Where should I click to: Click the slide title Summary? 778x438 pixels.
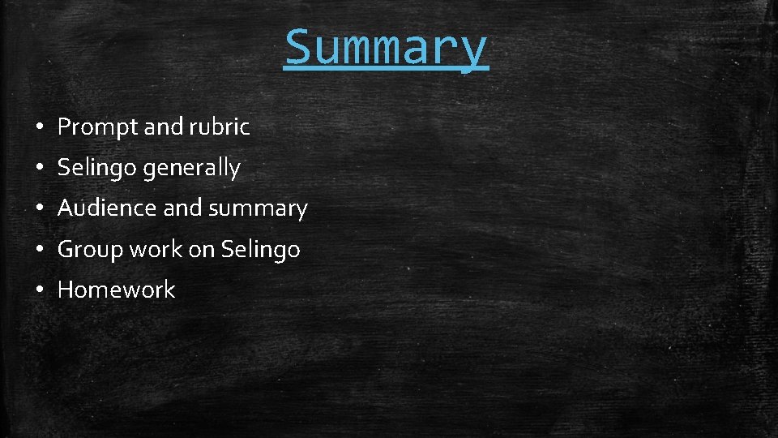[x=387, y=47]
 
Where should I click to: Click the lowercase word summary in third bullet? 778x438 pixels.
[x=258, y=208]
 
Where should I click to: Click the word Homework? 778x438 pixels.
[x=116, y=290]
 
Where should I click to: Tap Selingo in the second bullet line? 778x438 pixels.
[x=96, y=168]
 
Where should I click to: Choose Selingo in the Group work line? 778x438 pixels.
[x=260, y=249]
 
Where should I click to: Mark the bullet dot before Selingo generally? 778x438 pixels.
[x=38, y=169]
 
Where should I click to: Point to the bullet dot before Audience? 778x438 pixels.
[x=38, y=209]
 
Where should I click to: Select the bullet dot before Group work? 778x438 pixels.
[x=38, y=250]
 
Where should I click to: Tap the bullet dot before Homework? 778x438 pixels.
[x=38, y=290]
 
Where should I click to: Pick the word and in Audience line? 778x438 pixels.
[x=182, y=208]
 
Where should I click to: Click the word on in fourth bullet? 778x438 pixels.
[x=201, y=249]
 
